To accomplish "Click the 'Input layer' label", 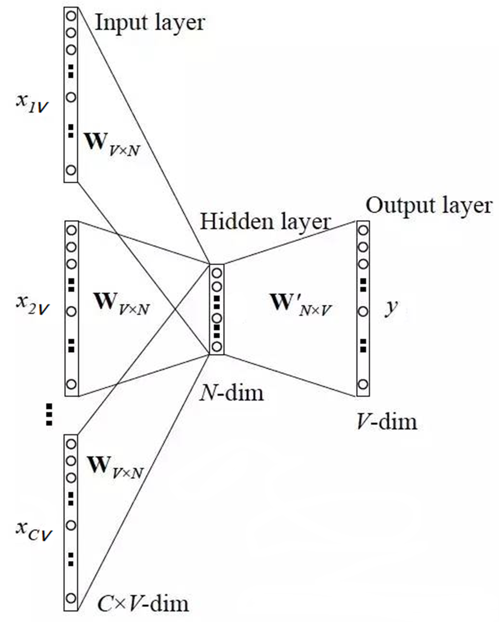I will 149,23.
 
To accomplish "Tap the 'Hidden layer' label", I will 266,221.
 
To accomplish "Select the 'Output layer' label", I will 429,205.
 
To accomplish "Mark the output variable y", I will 391,307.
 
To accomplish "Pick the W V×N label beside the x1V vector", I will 112,143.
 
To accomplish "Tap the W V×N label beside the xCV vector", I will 115,467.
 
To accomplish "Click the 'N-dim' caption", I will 232,393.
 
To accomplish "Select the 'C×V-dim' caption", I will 143,603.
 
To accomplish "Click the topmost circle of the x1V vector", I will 71,15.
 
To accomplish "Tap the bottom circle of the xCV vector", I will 71,598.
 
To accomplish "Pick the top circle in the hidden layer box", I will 217,273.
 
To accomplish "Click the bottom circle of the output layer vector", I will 363,385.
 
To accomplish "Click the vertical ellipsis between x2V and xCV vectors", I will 48,415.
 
